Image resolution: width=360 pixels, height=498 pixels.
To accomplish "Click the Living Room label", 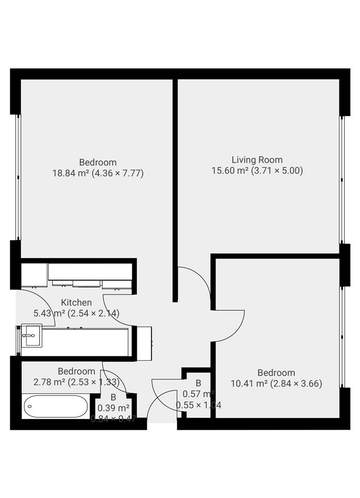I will tap(257, 160).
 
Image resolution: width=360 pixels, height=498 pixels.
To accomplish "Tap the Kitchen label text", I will tap(77, 302).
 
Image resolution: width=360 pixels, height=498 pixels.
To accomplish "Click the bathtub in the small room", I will tap(55, 406).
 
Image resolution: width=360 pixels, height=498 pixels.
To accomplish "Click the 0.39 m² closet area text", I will tap(113, 408).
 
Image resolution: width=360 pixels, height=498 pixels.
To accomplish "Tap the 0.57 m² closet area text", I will tap(198, 394).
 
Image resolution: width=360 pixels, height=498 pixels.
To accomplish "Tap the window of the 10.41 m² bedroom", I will tap(342, 337).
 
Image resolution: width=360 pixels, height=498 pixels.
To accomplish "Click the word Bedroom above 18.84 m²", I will tap(98, 162).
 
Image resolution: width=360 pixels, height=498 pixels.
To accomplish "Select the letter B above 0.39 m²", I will tap(113, 397).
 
